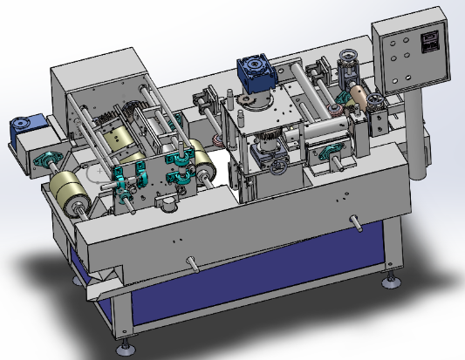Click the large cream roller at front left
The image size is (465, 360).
point(71,190)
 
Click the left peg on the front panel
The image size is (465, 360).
point(191,259)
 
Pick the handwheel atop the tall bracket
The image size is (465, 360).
point(351,58)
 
